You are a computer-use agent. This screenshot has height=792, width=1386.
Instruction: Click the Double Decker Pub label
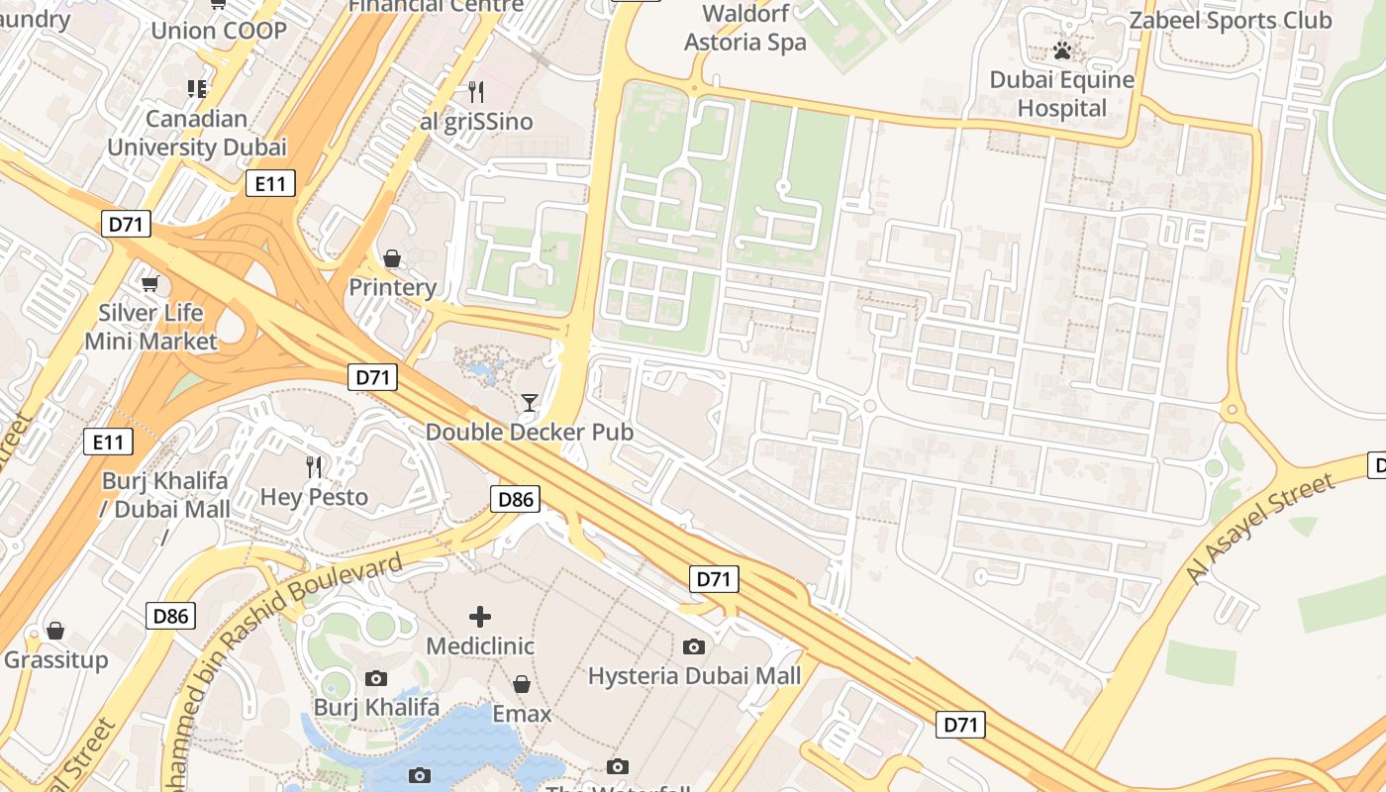[530, 433]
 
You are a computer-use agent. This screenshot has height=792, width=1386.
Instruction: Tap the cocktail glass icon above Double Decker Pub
[530, 402]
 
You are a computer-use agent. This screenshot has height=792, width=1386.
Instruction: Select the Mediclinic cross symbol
[480, 617]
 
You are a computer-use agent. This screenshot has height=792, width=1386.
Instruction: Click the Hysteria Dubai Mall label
[694, 676]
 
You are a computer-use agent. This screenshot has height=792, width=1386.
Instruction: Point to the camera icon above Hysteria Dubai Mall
[694, 646]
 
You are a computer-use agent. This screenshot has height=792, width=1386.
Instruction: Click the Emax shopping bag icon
[522, 684]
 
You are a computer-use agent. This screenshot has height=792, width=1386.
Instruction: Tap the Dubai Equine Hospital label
[1061, 93]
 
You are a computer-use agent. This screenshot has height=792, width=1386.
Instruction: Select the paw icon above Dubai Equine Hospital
[1062, 50]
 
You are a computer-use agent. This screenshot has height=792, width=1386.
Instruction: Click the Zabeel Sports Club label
[1231, 20]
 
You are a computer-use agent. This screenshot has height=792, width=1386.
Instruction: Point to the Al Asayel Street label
[1259, 529]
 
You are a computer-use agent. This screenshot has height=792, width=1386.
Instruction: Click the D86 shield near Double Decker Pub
[516, 499]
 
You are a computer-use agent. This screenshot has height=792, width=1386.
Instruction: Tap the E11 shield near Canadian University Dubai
[270, 183]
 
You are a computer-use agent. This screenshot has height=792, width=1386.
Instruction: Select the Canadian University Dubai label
[196, 133]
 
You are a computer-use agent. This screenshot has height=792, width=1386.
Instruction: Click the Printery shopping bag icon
[392, 258]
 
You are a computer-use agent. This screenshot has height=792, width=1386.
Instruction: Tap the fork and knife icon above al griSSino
[476, 92]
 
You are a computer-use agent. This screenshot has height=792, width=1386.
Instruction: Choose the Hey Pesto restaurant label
[314, 497]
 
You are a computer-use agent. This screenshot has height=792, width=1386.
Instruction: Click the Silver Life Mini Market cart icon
[150, 284]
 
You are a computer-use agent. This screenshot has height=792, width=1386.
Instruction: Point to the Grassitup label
[56, 659]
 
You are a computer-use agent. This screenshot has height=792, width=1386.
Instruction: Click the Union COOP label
[218, 31]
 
